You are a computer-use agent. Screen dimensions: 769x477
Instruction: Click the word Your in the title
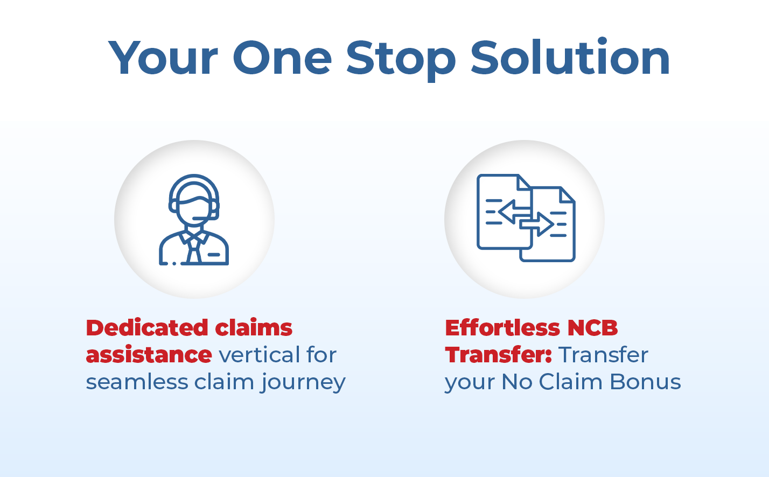click(163, 58)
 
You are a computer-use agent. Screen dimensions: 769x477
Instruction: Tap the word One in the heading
click(282, 58)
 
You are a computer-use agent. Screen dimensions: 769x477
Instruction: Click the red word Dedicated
click(147, 328)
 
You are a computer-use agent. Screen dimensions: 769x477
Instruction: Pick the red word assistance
click(149, 355)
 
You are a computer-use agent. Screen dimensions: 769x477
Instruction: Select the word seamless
click(137, 381)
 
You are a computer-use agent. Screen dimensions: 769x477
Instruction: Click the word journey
click(303, 383)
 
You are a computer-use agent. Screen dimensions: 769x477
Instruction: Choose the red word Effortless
click(503, 327)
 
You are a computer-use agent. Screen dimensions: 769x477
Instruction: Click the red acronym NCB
click(592, 328)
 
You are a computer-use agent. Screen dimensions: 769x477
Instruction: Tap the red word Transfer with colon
click(499, 354)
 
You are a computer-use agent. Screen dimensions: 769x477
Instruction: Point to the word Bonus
click(645, 382)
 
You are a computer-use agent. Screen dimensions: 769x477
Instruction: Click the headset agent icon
click(194, 220)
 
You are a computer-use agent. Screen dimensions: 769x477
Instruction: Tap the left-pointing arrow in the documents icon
click(514, 212)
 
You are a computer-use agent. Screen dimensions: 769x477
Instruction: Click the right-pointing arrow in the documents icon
click(536, 224)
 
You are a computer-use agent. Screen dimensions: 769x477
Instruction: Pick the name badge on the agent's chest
click(214, 255)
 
